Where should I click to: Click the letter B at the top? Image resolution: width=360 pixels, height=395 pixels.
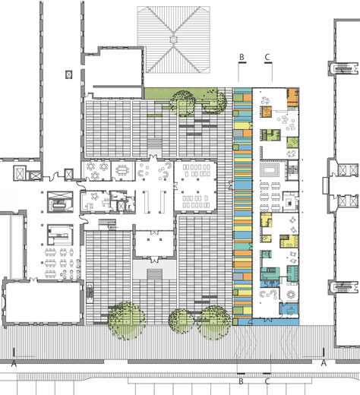pos(242,57)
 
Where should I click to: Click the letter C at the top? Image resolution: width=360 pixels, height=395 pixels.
pos(267,57)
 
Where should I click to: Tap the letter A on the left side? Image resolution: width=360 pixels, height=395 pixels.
pos(14,364)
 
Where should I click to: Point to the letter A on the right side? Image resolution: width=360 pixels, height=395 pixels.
pos(324,363)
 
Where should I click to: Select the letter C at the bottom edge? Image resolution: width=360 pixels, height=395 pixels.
pos(267,381)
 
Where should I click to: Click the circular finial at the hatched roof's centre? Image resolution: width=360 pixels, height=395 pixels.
pos(173,39)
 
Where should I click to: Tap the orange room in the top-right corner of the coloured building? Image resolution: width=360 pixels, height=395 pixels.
pos(292,97)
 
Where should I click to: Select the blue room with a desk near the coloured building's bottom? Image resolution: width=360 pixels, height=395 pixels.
pos(289,309)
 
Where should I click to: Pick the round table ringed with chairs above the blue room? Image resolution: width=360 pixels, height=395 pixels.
pos(291,294)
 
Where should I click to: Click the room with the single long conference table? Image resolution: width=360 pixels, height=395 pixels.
pos(123,170)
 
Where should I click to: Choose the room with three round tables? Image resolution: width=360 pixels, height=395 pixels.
pos(96,170)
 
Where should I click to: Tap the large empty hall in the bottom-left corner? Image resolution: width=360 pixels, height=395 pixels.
pos(43,302)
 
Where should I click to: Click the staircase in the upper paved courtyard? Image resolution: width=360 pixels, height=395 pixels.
pos(155,144)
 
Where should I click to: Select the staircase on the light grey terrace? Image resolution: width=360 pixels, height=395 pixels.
pos(155,274)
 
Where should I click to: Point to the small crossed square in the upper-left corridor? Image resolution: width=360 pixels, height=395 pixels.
pos(69,74)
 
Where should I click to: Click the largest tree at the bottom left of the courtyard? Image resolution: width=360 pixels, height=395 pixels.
pos(126,320)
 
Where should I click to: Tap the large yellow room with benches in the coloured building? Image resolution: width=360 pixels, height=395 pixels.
pos(289,242)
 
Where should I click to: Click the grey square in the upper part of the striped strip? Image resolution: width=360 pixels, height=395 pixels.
pos(238,134)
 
